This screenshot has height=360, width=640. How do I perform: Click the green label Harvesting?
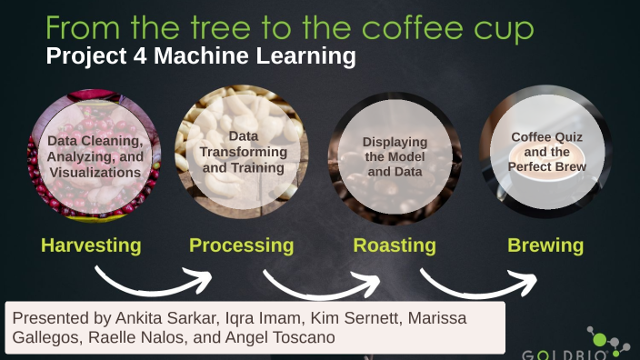[x=91, y=245]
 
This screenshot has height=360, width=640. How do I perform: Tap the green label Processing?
[x=241, y=245]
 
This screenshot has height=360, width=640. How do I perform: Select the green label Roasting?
[x=395, y=245]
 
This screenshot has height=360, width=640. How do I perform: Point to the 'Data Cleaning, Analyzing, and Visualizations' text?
[x=96, y=156]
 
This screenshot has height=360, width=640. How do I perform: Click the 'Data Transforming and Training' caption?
[x=244, y=152]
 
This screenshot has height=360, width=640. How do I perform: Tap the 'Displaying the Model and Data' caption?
[x=395, y=156]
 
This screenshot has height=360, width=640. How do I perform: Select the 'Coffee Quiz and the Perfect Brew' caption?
[x=546, y=152]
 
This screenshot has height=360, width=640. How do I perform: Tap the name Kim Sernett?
[x=356, y=317]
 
